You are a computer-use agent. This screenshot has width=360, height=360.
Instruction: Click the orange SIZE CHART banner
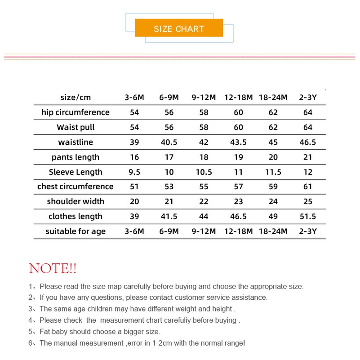point(179,29)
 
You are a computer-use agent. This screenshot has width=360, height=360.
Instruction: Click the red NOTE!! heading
point(53,269)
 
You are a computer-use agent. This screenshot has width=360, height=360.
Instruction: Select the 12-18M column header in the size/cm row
point(238,98)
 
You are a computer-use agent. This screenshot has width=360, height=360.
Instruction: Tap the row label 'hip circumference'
point(76,112)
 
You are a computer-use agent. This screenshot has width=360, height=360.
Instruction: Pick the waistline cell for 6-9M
point(169,142)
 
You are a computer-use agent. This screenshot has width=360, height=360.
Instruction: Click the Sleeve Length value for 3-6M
point(134,172)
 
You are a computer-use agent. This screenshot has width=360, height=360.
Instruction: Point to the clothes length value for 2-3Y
point(307,216)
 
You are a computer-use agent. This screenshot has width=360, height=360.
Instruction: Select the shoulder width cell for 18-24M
point(273,201)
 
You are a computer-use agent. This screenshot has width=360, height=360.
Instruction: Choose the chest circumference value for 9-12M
point(204,187)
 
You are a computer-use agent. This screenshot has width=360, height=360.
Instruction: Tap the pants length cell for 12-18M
point(238,157)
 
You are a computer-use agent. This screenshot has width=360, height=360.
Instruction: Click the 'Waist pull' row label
point(76,127)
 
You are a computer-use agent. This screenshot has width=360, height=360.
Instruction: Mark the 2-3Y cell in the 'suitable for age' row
point(307,231)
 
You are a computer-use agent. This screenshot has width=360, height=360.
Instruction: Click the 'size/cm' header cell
point(76,98)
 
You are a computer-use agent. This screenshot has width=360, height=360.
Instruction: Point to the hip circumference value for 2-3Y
point(307,112)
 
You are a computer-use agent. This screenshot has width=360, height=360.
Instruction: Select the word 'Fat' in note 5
point(45,332)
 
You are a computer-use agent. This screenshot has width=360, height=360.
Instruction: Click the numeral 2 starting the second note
point(31,298)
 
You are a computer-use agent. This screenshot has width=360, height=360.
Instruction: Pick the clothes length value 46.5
point(238,216)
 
